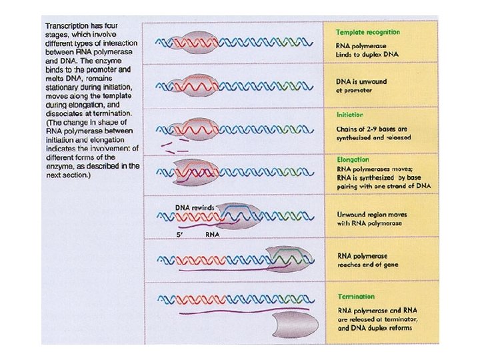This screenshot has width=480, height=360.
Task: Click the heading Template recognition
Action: click(x=368, y=31)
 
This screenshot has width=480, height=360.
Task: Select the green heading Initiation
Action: click(x=351, y=114)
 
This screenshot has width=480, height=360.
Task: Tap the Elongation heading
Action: click(x=353, y=160)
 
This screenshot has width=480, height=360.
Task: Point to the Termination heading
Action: click(x=355, y=297)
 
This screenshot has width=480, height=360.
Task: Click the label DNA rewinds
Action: click(x=195, y=207)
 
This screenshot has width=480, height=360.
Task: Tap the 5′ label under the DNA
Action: click(x=180, y=235)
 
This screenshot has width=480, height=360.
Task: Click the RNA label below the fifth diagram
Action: click(x=213, y=235)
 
